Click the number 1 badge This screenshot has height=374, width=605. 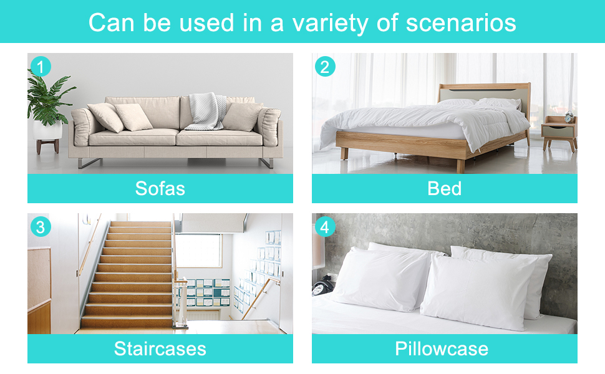click(x=41, y=66)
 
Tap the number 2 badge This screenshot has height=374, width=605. click(x=325, y=66)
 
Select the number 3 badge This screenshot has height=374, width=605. click(x=41, y=227)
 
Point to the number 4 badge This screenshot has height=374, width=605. click(x=325, y=227)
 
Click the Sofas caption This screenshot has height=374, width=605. click(x=160, y=188)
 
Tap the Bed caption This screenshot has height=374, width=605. click(x=445, y=188)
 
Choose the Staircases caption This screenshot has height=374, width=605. click(x=160, y=348)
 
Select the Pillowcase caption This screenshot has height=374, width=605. click(x=442, y=348)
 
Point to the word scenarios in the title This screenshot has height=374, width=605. click(x=461, y=22)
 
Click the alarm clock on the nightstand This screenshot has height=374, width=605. click(x=569, y=117)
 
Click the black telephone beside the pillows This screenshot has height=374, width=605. click(x=322, y=287)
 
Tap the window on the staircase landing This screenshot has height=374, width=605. click(x=199, y=251)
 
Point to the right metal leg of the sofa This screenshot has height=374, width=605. click(x=266, y=163)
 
